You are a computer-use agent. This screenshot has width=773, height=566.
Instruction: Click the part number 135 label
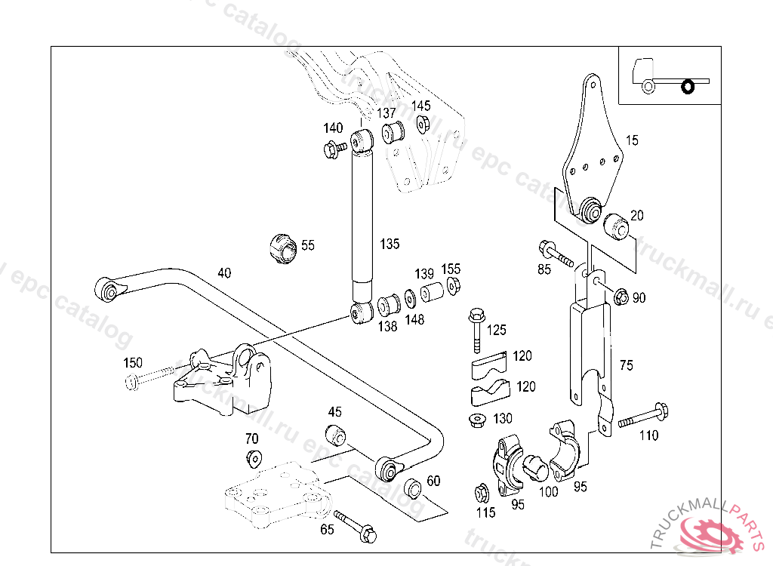point(390,245)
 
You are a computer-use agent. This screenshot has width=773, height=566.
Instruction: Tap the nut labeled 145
point(423,123)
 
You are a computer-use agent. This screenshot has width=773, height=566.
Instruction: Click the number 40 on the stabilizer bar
point(224,272)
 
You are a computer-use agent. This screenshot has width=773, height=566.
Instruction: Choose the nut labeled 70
point(253,457)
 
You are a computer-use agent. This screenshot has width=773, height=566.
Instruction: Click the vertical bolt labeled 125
point(476,330)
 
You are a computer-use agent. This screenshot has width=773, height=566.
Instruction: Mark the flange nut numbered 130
point(477,420)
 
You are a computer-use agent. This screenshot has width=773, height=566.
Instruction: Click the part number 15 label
point(632,140)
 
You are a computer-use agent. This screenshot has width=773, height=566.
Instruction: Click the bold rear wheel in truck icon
point(688,87)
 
